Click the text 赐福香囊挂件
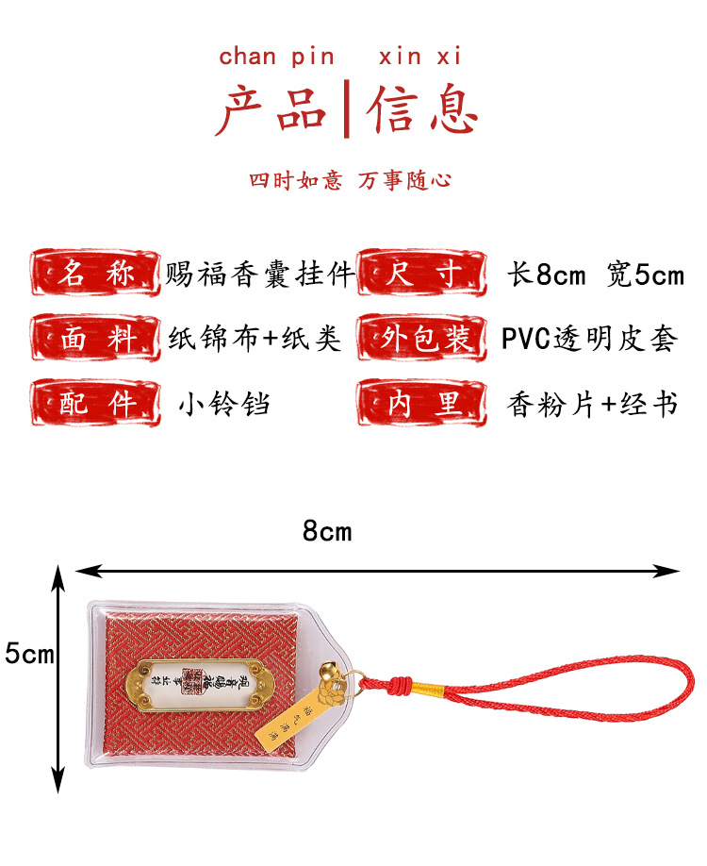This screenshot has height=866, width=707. (260, 275)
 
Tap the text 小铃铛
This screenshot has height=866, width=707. (224, 405)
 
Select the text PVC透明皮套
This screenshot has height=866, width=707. (589, 339)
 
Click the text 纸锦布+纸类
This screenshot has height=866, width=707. (255, 339)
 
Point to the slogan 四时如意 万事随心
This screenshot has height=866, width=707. (350, 180)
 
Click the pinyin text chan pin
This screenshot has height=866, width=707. (276, 57)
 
